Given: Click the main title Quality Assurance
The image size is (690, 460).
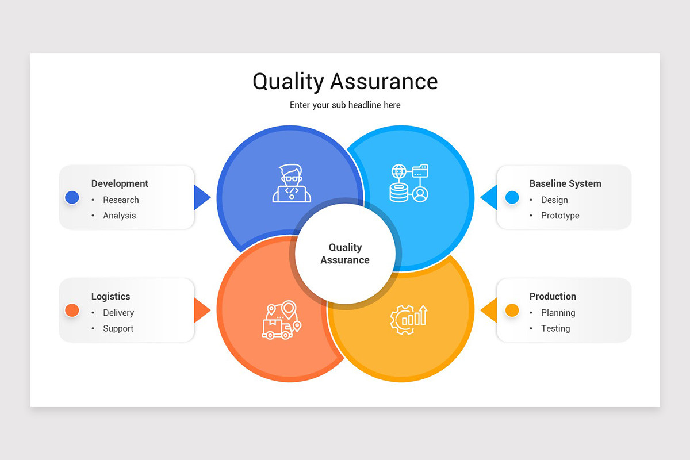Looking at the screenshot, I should pos(345,82).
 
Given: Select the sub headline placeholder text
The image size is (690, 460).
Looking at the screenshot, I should pos(345,105).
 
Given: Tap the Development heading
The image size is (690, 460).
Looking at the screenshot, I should pos(120,183).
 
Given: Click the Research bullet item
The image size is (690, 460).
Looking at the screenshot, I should pos(121,200).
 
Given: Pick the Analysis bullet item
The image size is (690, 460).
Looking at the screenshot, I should pos(120,216).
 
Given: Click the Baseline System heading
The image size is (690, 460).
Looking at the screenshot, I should pos(565,183).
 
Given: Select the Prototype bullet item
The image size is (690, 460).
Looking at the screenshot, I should pos(560,216).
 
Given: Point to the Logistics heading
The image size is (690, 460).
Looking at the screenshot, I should pos(110,297).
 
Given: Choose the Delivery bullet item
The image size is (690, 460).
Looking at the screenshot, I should pos(118,313).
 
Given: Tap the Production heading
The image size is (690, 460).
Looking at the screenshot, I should pos(553,297).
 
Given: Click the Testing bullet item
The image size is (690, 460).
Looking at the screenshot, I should pos(555,328).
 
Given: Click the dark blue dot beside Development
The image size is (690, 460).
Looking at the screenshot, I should pos(72,198).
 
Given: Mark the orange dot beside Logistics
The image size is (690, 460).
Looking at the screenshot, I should pos(72,310).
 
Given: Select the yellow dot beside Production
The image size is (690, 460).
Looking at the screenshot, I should pos(512,310).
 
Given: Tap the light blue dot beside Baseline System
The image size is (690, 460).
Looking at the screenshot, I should pos(512,198).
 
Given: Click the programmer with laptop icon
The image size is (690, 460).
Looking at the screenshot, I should pos(292,183).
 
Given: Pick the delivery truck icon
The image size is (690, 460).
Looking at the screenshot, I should pos(282,320).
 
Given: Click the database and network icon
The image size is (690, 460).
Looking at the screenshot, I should pos(409,183).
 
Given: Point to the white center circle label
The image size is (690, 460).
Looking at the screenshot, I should pos(345,254).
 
